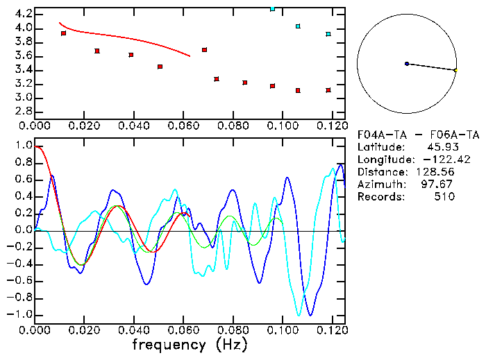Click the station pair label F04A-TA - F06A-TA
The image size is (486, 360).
tap(418, 135)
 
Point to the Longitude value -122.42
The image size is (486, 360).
tap(434, 160)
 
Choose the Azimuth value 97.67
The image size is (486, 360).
tap(441, 185)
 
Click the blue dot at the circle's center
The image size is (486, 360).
tap(407, 64)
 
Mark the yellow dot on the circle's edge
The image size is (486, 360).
tap(455, 70)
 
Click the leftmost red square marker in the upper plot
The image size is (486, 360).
tap(64, 33)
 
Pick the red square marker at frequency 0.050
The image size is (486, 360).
tap(160, 67)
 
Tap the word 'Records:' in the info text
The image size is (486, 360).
tap(380, 197)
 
